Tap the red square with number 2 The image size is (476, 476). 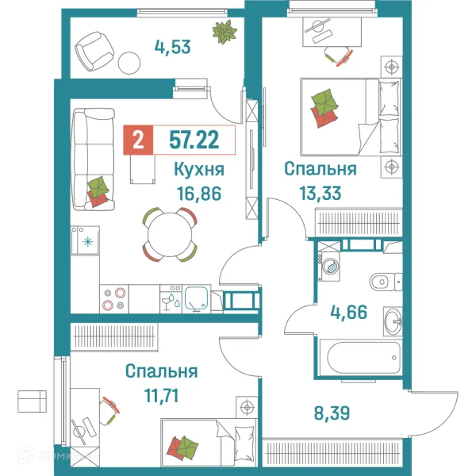pyautogui.click(x=139, y=140)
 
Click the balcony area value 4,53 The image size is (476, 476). pyautogui.click(x=173, y=45)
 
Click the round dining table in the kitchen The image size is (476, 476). pyautogui.click(x=169, y=235)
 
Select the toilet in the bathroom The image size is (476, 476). pyautogui.click(x=382, y=279)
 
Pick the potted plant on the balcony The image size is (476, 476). pyautogui.click(x=225, y=33)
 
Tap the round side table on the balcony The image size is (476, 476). pyautogui.click(x=129, y=62)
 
